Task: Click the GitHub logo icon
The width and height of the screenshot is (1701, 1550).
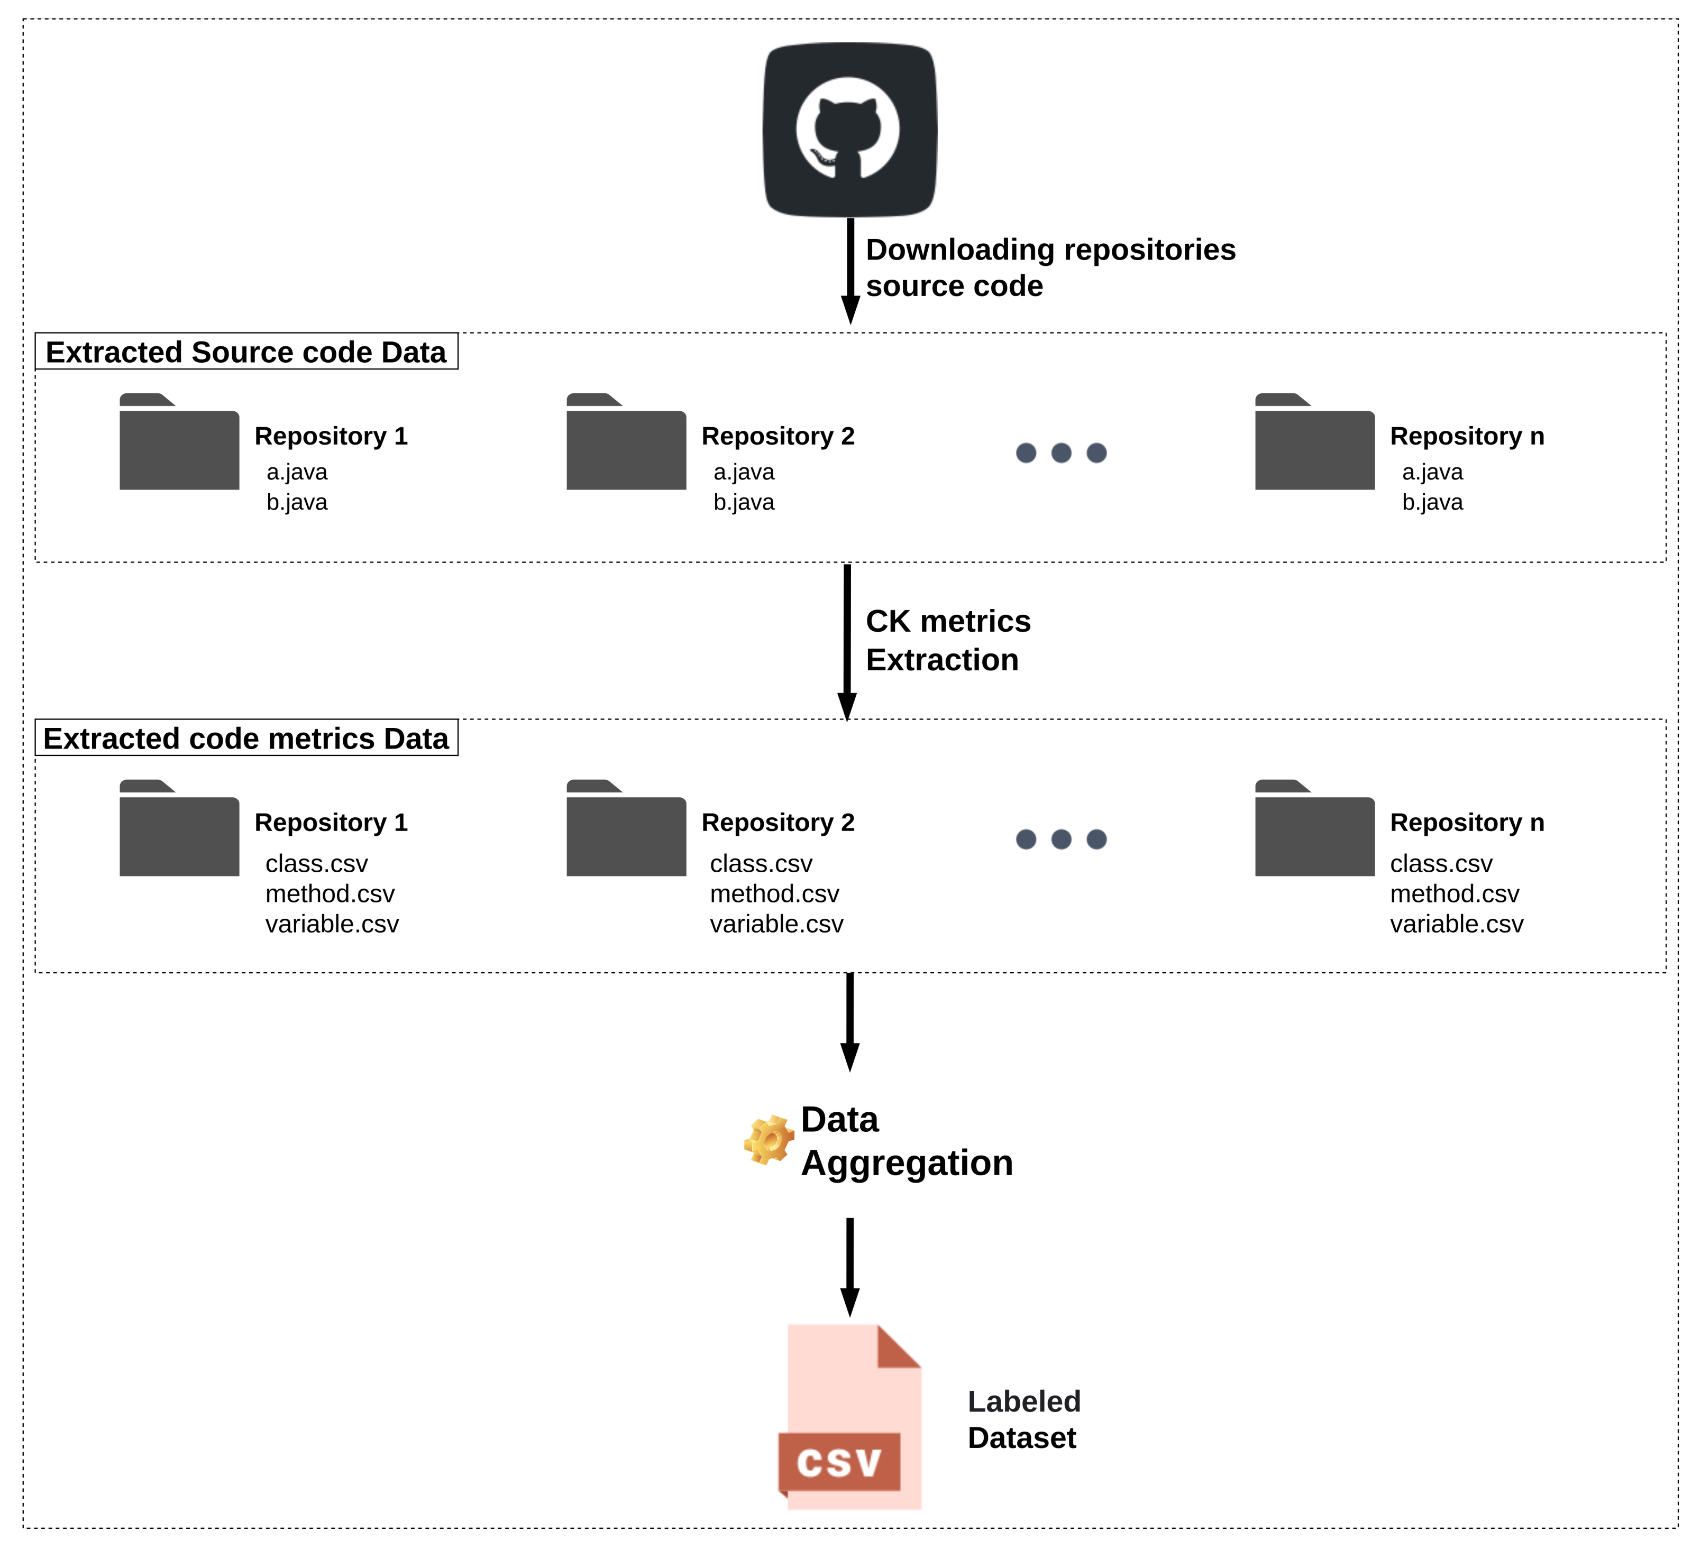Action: tap(849, 130)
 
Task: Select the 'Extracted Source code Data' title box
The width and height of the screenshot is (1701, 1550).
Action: tap(246, 352)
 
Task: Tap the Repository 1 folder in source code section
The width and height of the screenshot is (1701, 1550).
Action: tap(179, 442)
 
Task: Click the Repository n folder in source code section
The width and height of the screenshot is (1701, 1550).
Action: tap(1314, 442)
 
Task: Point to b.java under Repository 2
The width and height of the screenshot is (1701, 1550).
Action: tap(743, 503)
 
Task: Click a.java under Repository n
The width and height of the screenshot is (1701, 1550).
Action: tap(1432, 472)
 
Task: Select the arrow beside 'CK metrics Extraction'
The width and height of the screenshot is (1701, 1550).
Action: tap(847, 641)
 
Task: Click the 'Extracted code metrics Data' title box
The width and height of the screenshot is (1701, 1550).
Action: tap(246, 738)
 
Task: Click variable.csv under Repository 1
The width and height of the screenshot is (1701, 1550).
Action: tap(332, 924)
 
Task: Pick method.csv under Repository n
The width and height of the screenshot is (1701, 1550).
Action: tap(1454, 894)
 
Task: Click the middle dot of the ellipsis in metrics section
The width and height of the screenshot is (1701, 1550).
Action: tap(1060, 839)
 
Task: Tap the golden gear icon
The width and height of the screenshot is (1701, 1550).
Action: tap(768, 1140)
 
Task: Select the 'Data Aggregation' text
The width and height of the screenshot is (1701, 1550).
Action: tap(906, 1141)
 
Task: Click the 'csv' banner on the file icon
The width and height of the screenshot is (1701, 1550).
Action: tap(839, 1462)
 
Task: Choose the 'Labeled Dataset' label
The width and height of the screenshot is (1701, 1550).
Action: tap(1023, 1419)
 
